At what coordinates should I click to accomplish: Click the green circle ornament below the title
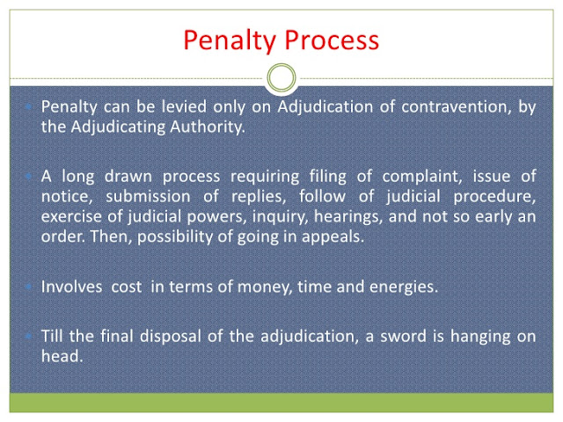(281, 79)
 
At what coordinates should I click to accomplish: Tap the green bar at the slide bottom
(281, 402)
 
